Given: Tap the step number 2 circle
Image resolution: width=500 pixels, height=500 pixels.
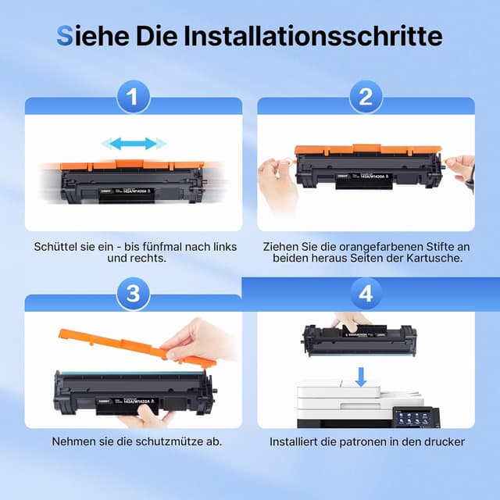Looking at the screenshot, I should click(x=365, y=98).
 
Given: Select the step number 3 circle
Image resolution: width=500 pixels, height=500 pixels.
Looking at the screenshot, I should click(x=133, y=295).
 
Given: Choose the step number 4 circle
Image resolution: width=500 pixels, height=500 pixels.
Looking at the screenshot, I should click(x=365, y=295).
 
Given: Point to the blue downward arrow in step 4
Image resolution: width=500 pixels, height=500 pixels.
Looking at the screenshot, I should click(x=360, y=378).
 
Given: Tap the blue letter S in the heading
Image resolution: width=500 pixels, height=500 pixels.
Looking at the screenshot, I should click(x=66, y=36).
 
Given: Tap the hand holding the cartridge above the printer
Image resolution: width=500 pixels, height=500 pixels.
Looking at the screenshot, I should click(x=351, y=321).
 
